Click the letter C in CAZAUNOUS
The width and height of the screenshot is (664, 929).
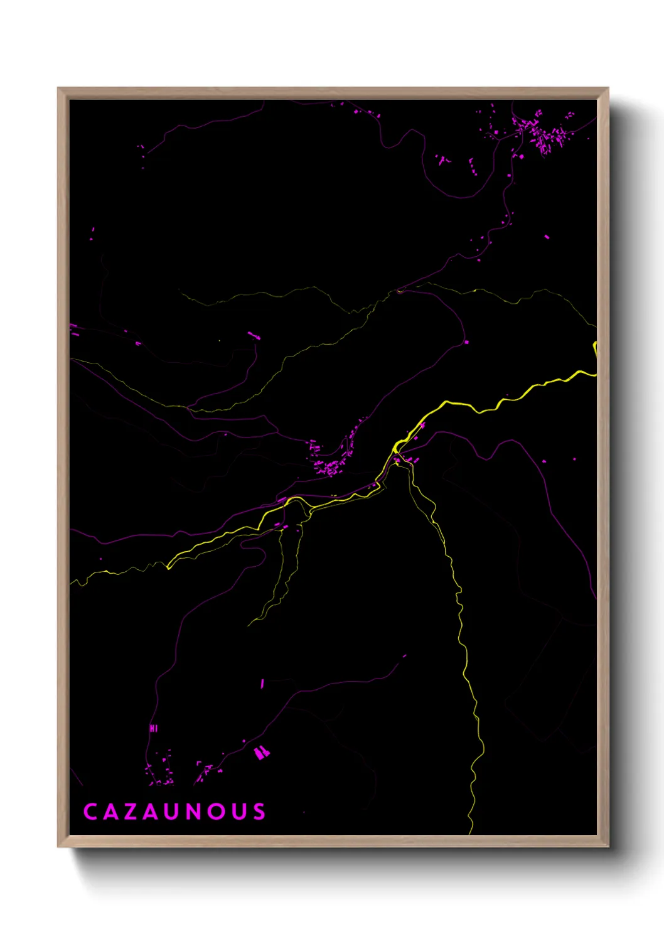pos(90,812)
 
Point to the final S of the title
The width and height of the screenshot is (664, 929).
pos(259,812)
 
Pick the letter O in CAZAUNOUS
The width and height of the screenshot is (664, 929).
pos(217,812)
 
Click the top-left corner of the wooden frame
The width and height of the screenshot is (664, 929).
pos(58,89)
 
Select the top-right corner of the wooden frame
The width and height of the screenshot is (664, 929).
pos(608,89)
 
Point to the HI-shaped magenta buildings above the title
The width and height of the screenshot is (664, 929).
pos(153,728)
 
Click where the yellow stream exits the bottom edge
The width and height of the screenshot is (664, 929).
pos(470,833)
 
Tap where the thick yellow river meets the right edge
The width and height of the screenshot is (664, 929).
pos(595,375)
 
